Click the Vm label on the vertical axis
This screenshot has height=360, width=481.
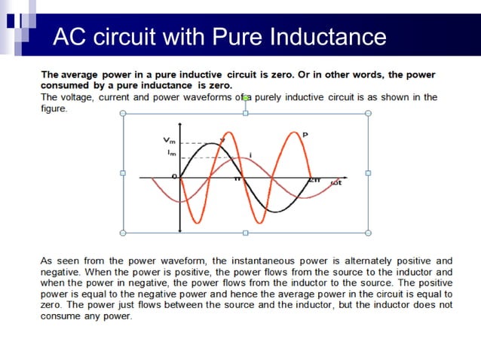point(167,140)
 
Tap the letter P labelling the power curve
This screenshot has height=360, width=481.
point(305,135)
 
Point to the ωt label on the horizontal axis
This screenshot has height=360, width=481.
point(336,183)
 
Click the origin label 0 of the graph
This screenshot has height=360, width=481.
point(174,175)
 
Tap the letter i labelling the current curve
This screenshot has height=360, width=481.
point(250,154)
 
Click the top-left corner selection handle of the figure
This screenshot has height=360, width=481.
point(123,113)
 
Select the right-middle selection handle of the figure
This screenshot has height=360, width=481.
point(368,172)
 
